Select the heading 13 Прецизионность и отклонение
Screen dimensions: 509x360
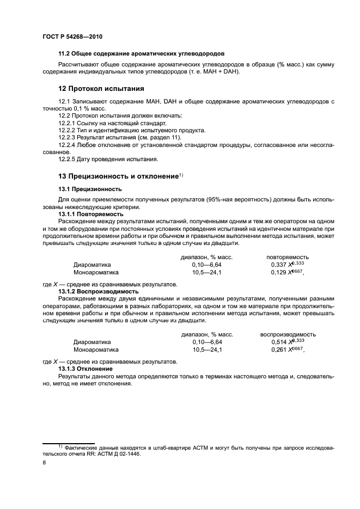pos(119,176)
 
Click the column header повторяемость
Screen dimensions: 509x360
pos(288,257)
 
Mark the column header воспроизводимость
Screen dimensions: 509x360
pos(288,334)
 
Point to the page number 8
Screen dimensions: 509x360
pos(44,462)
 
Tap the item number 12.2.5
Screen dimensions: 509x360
pos(68,160)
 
